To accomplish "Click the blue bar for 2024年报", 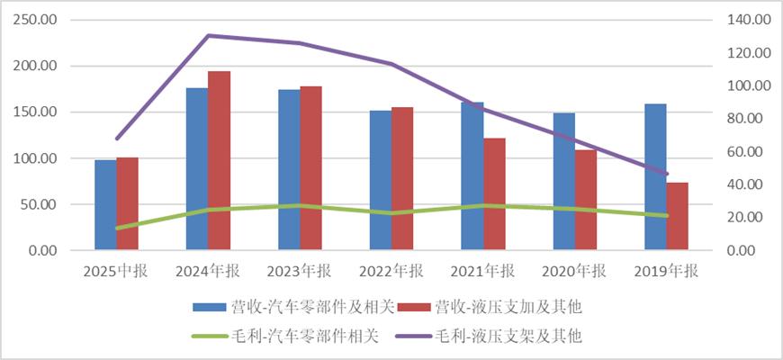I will point(197,169).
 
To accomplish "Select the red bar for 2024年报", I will point(219,161).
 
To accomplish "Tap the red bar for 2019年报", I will point(678,216).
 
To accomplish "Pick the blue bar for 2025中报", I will point(105,205).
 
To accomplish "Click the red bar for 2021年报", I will point(494,194).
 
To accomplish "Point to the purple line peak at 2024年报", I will point(208,36).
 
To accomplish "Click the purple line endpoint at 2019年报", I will point(667,174).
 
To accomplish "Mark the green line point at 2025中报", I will point(116,228).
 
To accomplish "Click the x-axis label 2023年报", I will point(300,271).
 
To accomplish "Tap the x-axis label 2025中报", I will point(116,271).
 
